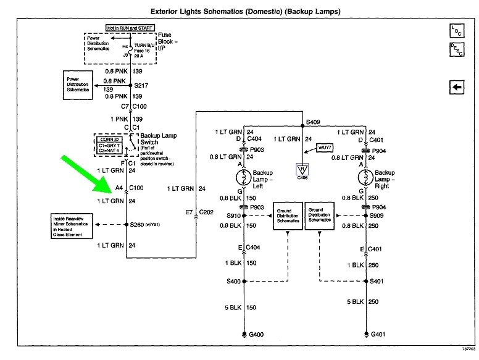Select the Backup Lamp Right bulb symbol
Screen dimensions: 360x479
tap(365, 178)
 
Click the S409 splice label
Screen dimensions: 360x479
tap(315, 122)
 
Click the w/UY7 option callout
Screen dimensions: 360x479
tap(325, 148)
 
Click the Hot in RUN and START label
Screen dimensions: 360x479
tap(120, 28)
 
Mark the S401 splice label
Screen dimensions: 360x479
tap(377, 282)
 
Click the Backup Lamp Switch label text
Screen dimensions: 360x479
tap(157, 140)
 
